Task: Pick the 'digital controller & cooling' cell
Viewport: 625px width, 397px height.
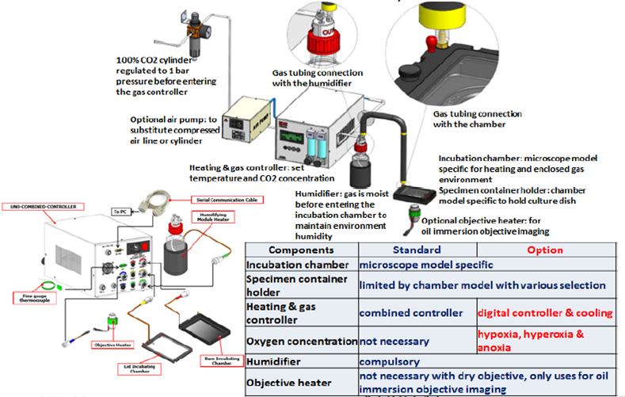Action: pyautogui.click(x=545, y=312)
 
